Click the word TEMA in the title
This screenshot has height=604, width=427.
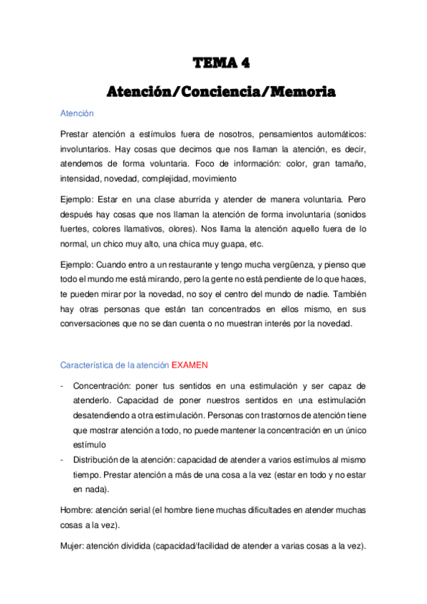coord(212,64)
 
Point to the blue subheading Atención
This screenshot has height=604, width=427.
coord(77,113)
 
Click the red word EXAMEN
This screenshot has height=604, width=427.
coord(190,365)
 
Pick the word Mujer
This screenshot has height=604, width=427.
coord(73,546)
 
